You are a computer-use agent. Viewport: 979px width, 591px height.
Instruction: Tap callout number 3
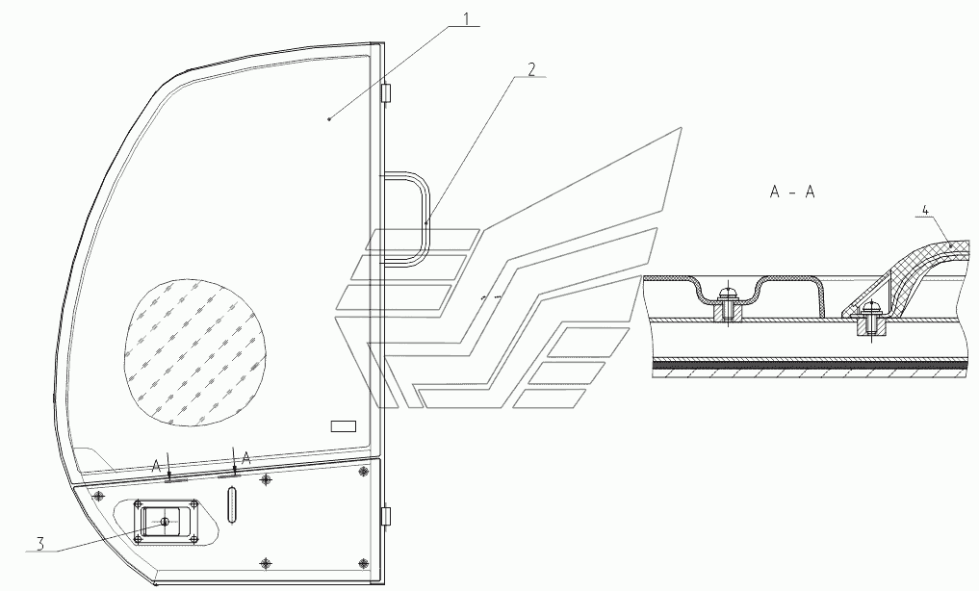tap(39, 544)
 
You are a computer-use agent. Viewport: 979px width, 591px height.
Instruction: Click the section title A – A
tap(792, 193)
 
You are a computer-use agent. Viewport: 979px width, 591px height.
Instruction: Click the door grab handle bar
tap(422, 217)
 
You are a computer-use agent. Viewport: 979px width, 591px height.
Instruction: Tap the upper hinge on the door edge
tap(386, 94)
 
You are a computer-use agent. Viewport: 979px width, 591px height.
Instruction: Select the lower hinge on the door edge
tap(386, 517)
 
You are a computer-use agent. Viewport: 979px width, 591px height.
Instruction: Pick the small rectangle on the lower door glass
tap(344, 424)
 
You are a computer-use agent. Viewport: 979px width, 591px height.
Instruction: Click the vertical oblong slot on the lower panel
tap(231, 504)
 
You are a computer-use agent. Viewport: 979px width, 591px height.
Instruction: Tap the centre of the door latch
tap(165, 522)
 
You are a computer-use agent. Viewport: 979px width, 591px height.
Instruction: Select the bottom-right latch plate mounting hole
tap(193, 539)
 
